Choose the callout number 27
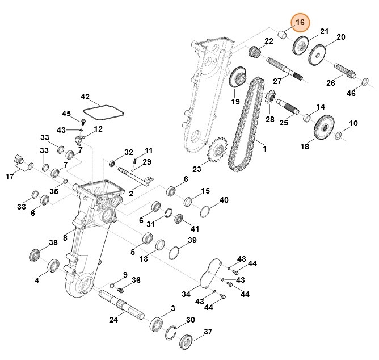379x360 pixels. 277,82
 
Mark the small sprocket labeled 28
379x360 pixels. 270,102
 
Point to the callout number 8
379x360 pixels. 65,237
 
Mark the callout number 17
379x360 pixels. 10,177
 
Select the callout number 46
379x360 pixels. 351,93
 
